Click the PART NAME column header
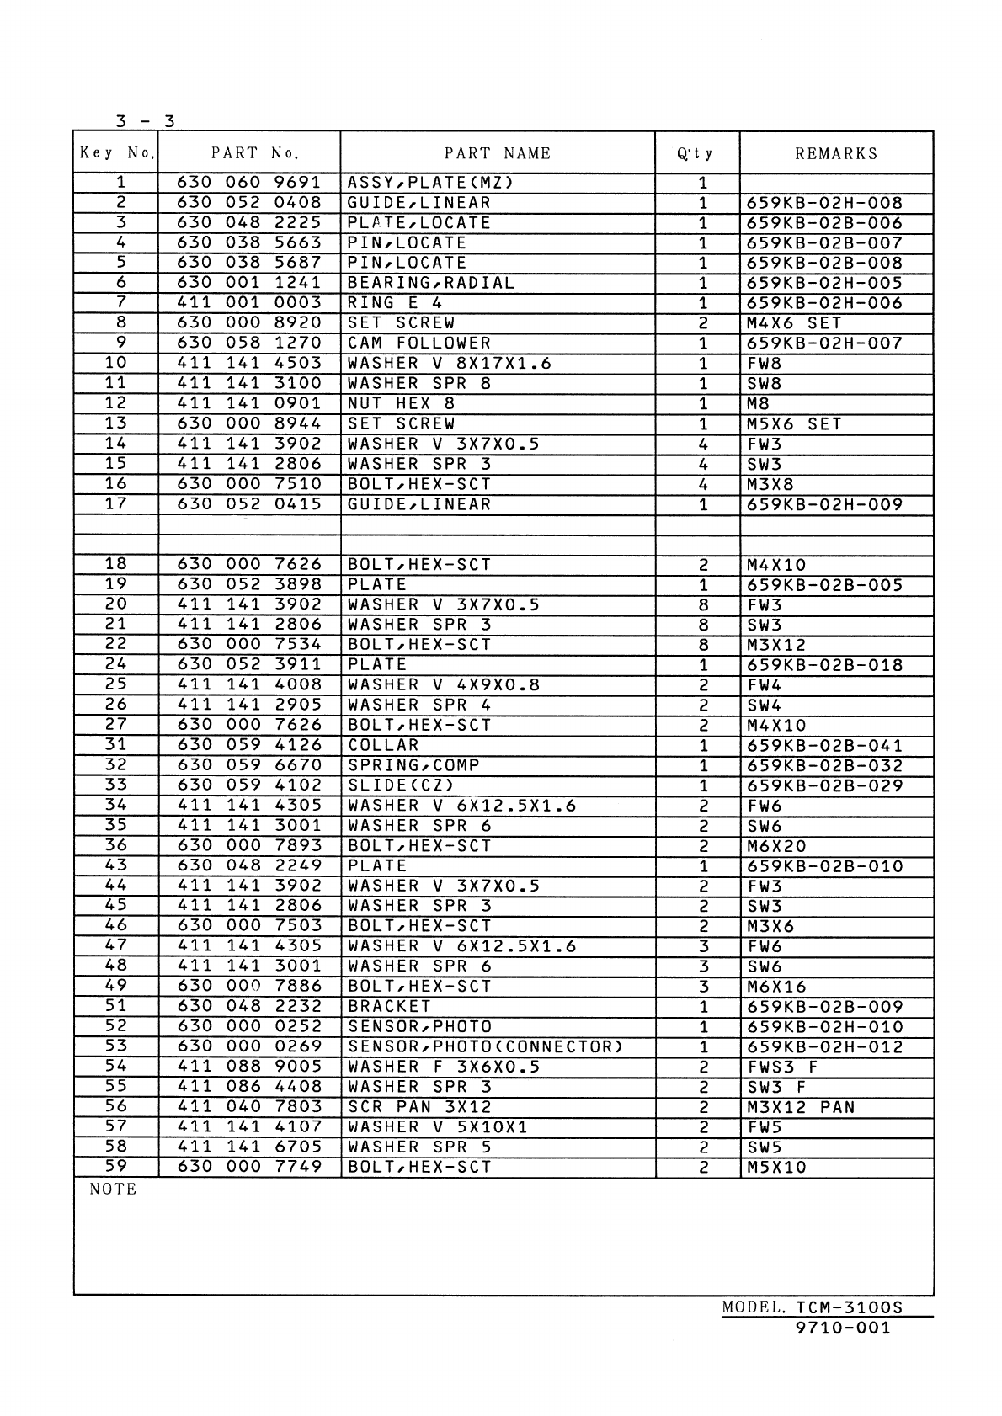click(498, 153)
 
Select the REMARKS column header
click(836, 153)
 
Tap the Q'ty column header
click(696, 153)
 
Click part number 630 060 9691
click(249, 183)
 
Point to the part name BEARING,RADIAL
click(431, 283)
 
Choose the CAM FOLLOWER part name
click(419, 343)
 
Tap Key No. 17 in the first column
click(115, 504)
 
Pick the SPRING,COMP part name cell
click(413, 765)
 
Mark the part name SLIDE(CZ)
click(402, 785)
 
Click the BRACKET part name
click(389, 1007)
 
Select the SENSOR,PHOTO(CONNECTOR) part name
click(486, 1047)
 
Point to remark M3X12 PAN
click(801, 1108)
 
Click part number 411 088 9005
click(249, 1067)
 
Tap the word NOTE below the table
click(113, 1190)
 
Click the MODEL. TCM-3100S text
click(812, 1308)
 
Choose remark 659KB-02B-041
click(824, 746)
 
